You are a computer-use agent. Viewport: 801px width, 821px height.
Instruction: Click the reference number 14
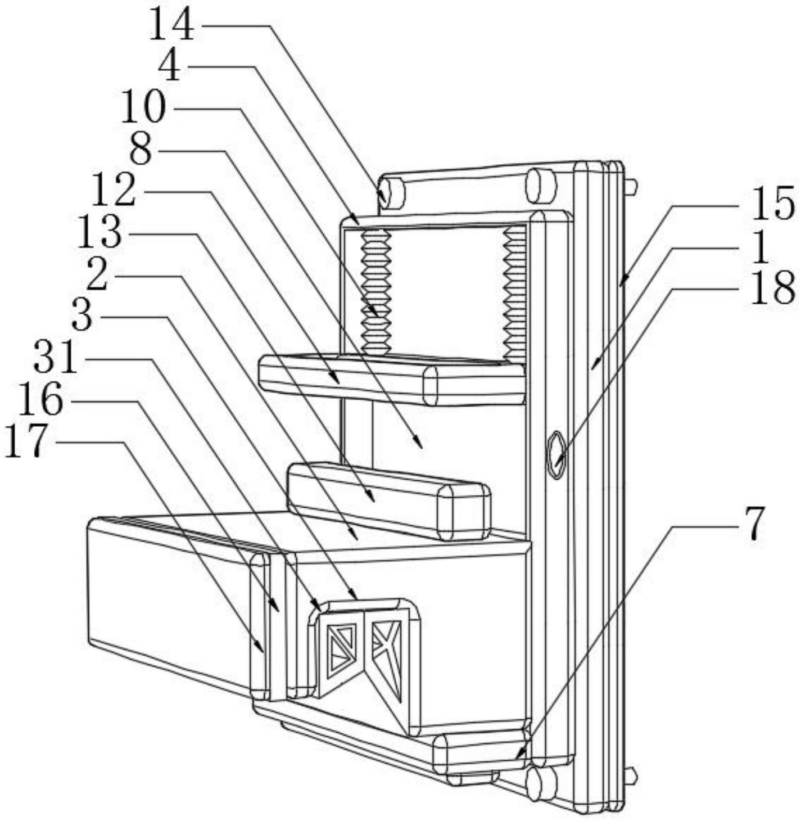pos(172,26)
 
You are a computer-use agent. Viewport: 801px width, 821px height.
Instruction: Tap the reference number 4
pos(171,67)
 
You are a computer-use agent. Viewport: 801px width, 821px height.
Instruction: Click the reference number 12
pos(114,191)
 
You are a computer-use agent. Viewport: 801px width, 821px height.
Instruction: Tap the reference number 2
pos(97,274)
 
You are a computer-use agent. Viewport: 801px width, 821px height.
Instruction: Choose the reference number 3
pos(82,317)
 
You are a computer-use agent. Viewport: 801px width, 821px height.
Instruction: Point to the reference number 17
pos(25,442)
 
